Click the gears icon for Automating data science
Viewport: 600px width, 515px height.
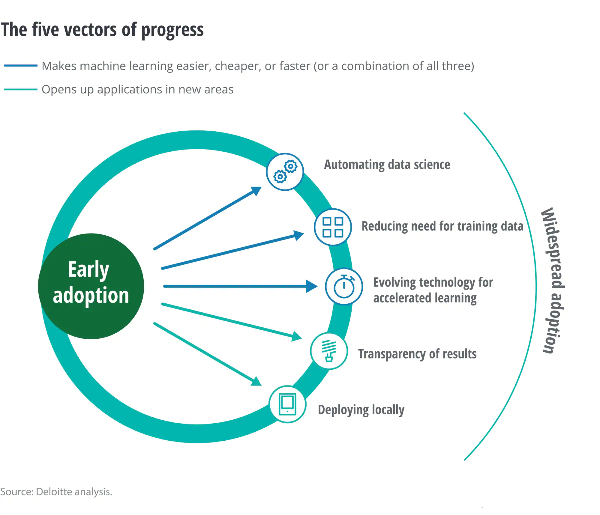coord(285,172)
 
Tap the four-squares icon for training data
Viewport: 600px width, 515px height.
coord(333,227)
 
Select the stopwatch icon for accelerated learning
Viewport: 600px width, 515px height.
coord(344,286)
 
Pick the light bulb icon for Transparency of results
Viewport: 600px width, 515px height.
coord(329,351)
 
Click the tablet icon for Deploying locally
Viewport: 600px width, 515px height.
coord(287,404)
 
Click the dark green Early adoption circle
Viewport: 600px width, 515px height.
coord(91,286)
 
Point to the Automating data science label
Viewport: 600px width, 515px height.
coord(387,165)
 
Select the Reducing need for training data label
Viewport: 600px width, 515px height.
coord(442,226)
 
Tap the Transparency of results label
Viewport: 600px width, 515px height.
coord(417,354)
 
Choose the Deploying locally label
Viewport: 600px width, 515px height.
coord(361,410)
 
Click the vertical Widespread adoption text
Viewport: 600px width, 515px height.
coord(553,280)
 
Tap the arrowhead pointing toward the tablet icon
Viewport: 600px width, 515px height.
coord(256,382)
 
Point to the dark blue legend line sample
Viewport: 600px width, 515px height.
coord(21,65)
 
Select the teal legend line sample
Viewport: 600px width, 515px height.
coord(21,89)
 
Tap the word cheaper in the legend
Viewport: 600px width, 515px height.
coord(238,66)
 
